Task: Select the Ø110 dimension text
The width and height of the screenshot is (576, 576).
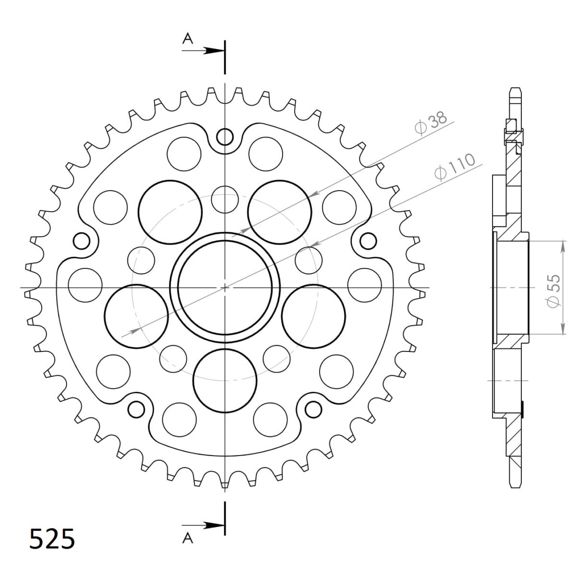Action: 454,167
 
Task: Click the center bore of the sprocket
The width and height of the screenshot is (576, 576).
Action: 225,288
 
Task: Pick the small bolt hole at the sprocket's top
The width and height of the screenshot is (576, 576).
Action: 224,137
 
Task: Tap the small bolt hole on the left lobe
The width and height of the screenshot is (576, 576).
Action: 81,240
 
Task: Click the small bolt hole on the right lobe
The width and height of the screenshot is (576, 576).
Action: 368,240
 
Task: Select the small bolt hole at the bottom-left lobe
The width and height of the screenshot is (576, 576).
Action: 136,408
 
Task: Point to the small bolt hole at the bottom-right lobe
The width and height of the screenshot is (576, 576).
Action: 313,408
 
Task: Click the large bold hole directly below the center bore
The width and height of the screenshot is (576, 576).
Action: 224,381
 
